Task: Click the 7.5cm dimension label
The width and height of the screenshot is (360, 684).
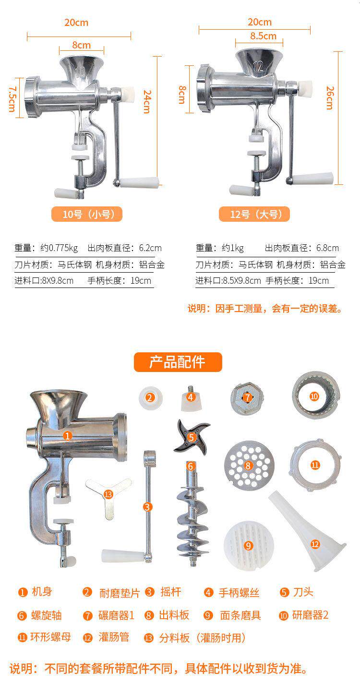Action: pos(12,98)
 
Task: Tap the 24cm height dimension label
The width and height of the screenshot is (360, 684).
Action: pos(147,102)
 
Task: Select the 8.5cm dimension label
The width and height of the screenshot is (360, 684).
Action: pos(263,36)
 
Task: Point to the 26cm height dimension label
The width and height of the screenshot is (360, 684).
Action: pos(330,98)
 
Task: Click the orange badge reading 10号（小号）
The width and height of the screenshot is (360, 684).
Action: pos(87,214)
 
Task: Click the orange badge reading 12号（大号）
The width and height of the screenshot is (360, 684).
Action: pos(254,214)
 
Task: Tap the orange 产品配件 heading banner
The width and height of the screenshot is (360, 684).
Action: pos(178,362)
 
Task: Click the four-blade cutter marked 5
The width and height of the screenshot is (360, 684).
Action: pos(192,437)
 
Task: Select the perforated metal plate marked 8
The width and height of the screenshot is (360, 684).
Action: pos(249,466)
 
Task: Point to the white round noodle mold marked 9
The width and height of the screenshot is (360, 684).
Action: pos(248,546)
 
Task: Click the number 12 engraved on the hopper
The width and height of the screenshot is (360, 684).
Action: pos(258,67)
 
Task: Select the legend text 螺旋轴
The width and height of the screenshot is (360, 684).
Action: pos(47,615)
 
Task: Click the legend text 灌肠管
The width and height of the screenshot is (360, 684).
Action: pos(114,637)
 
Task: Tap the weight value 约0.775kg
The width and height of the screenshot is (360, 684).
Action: pos(59,248)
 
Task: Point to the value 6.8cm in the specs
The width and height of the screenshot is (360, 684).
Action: pos(327,248)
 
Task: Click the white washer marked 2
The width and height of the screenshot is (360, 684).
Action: pos(150,398)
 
